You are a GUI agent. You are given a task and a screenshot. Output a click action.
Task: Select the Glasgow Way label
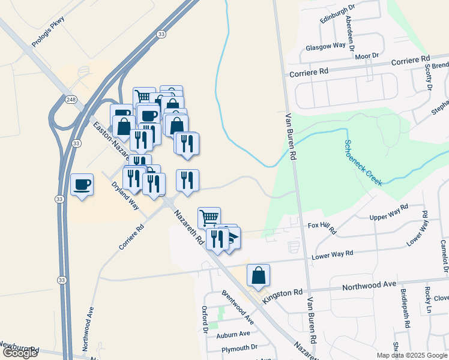click(x=325, y=46)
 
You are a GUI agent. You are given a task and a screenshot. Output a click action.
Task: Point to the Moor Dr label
click(x=366, y=56)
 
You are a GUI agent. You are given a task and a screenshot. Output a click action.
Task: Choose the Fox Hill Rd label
click(x=322, y=227)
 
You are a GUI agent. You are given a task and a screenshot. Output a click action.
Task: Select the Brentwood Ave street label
click(x=238, y=308)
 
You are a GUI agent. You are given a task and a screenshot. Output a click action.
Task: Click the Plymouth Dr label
click(x=239, y=347)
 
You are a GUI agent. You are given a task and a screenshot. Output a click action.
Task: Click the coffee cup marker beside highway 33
click(x=82, y=185)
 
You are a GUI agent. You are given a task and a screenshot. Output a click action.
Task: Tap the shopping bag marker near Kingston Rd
click(x=258, y=276)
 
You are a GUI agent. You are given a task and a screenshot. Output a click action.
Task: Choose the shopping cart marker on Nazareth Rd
click(x=209, y=217)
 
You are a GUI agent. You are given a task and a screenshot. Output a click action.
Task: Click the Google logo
click(x=20, y=353)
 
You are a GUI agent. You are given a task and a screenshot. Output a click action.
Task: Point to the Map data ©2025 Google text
click(x=411, y=355)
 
